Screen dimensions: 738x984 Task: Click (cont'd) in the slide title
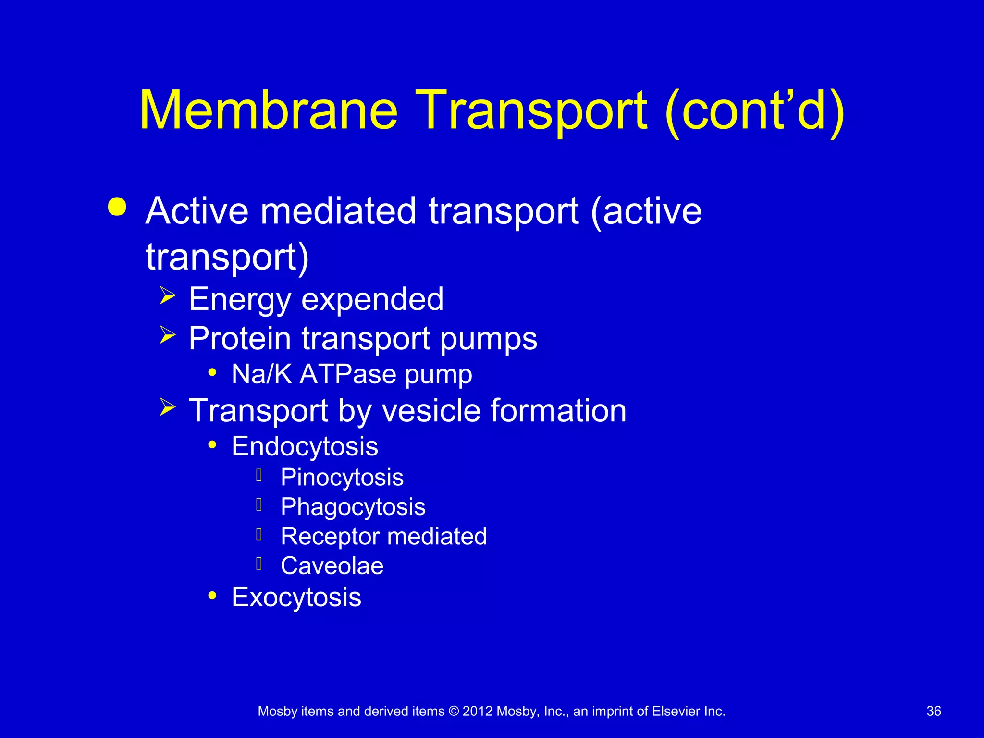click(x=754, y=111)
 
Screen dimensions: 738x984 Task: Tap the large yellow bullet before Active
click(x=117, y=207)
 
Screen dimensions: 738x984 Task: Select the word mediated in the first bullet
click(x=338, y=211)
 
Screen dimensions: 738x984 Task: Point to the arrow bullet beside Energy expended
click(x=167, y=295)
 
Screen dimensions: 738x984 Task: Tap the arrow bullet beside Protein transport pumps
click(x=167, y=335)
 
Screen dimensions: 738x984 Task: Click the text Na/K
click(x=262, y=374)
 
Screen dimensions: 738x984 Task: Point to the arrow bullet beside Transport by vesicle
click(x=167, y=407)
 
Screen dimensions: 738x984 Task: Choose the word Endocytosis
click(x=305, y=446)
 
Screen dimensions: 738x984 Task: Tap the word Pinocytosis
click(x=342, y=478)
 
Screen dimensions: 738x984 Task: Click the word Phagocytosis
click(x=353, y=507)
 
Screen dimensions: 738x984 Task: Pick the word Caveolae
click(x=332, y=566)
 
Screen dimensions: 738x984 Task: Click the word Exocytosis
click(x=296, y=597)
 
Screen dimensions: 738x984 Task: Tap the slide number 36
click(x=934, y=711)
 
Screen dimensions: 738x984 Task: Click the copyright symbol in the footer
click(x=453, y=712)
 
